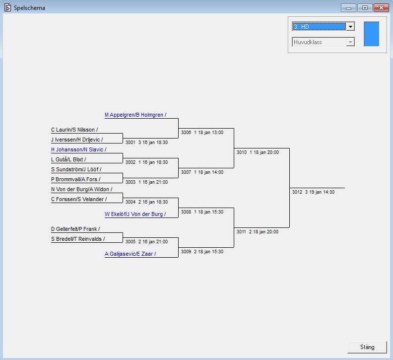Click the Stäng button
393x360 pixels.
coord(367,347)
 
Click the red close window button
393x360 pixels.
coord(381,7)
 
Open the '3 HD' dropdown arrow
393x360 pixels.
coord(350,26)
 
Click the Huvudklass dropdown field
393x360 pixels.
coord(320,42)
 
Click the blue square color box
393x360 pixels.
coord(371,34)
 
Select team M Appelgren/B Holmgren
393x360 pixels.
coord(135,115)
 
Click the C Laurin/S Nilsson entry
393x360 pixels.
coord(74,130)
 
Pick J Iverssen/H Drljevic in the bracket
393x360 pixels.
coord(77,140)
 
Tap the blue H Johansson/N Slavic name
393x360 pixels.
coord(78,149)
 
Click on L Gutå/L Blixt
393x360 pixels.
coord(68,159)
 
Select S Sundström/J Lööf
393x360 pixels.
coord(76,169)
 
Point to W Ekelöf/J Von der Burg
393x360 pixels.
coord(135,214)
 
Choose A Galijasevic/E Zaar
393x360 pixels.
coord(130,254)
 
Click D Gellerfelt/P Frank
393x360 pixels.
coord(75,229)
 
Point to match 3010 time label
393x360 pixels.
coord(258,152)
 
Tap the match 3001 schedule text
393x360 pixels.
coord(146,143)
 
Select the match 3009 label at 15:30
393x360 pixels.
coord(202,252)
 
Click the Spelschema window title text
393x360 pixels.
coord(29,7)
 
